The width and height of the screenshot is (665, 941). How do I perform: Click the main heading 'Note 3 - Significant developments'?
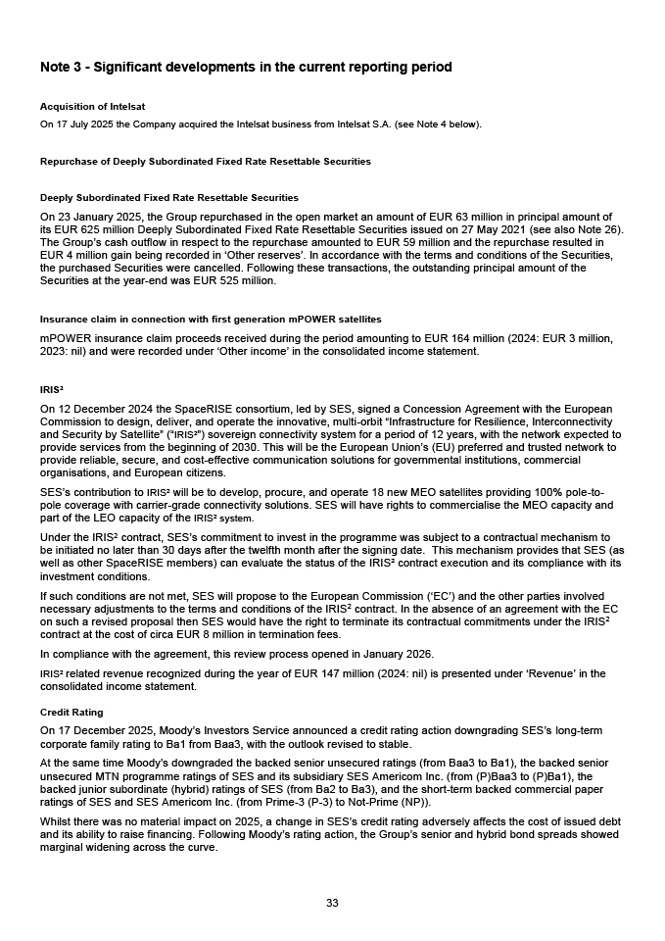pyautogui.click(x=246, y=68)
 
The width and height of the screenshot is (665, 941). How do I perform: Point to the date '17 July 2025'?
pyautogui.click(x=81, y=124)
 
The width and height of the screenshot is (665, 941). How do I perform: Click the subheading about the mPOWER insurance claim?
pyautogui.click(x=211, y=320)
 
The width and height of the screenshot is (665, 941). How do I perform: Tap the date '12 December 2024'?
pyautogui.click(x=102, y=409)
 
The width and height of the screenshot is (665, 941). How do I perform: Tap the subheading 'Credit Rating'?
pyautogui.click(x=71, y=712)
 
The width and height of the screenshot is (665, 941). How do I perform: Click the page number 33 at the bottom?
pyautogui.click(x=332, y=903)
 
